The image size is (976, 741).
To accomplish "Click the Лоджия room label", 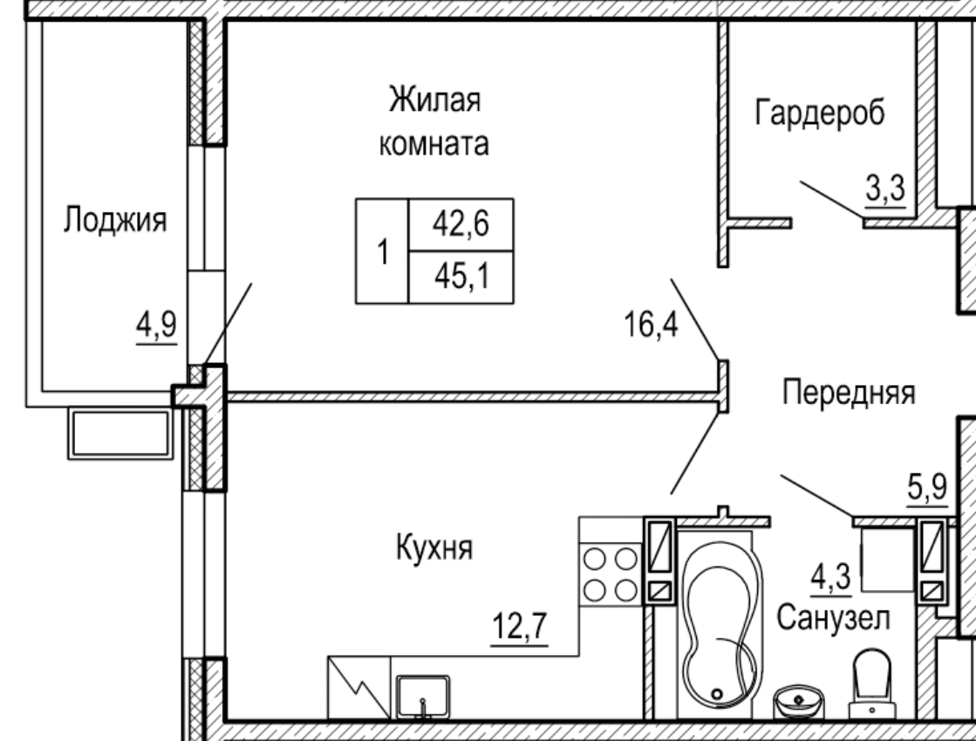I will pos(113,222).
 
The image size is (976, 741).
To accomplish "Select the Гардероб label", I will pos(819,113).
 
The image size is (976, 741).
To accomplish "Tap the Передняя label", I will pos(848,392).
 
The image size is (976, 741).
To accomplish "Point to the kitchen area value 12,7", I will pos(519,628).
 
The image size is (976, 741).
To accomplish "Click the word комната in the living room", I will pos(433,144).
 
